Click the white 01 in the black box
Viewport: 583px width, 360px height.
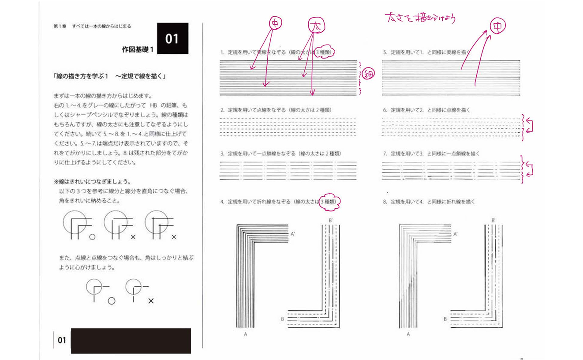pos(172,39)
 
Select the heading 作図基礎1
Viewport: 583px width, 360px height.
pos(138,50)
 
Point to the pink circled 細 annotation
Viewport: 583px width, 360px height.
pos(369,75)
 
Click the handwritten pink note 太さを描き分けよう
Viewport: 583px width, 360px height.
pos(419,19)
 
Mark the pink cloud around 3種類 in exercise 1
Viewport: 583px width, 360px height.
pos(328,52)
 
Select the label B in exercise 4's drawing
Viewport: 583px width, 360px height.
pos(282,318)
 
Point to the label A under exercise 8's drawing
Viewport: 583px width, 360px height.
pos(408,334)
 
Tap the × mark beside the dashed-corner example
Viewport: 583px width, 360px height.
pos(151,301)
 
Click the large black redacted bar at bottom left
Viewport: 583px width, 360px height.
pos(131,341)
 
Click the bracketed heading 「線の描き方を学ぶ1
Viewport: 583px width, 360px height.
pos(108,76)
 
